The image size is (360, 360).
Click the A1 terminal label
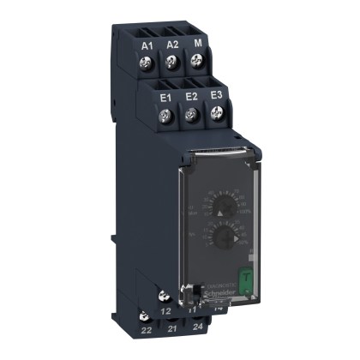point(147,43)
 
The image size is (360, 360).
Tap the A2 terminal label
point(172,43)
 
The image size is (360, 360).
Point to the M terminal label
point(198,43)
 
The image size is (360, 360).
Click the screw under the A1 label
point(147,62)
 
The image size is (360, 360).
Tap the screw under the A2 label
point(173,62)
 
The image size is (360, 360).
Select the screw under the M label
point(198,62)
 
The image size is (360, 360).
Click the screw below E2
point(193,115)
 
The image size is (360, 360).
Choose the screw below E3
point(216,115)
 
